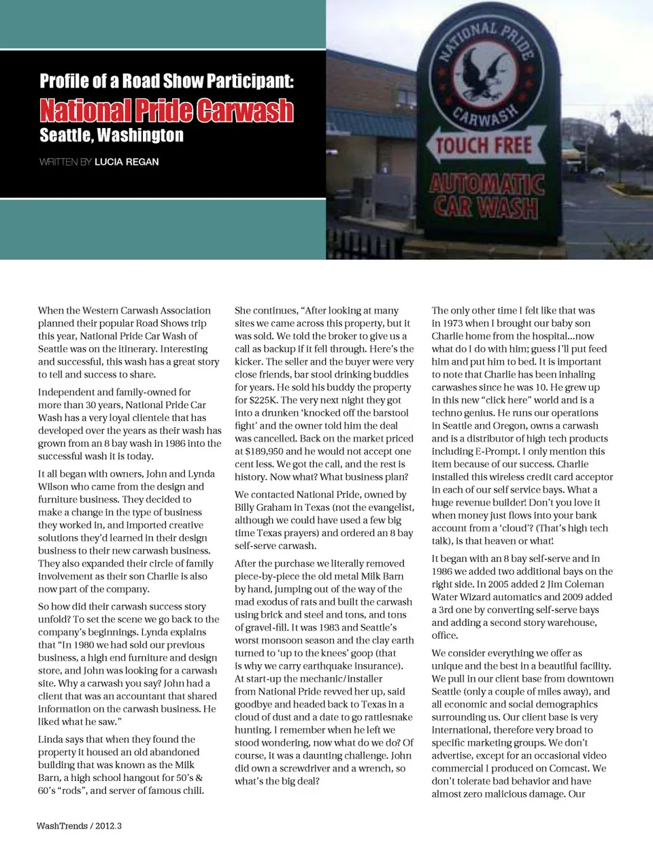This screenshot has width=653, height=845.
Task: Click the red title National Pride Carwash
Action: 166,110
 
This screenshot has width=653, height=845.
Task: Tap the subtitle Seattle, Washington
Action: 112,135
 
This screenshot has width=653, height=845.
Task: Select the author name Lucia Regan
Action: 127,162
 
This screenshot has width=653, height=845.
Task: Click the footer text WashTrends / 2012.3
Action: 79,826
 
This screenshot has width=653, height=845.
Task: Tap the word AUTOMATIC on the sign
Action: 486,184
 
